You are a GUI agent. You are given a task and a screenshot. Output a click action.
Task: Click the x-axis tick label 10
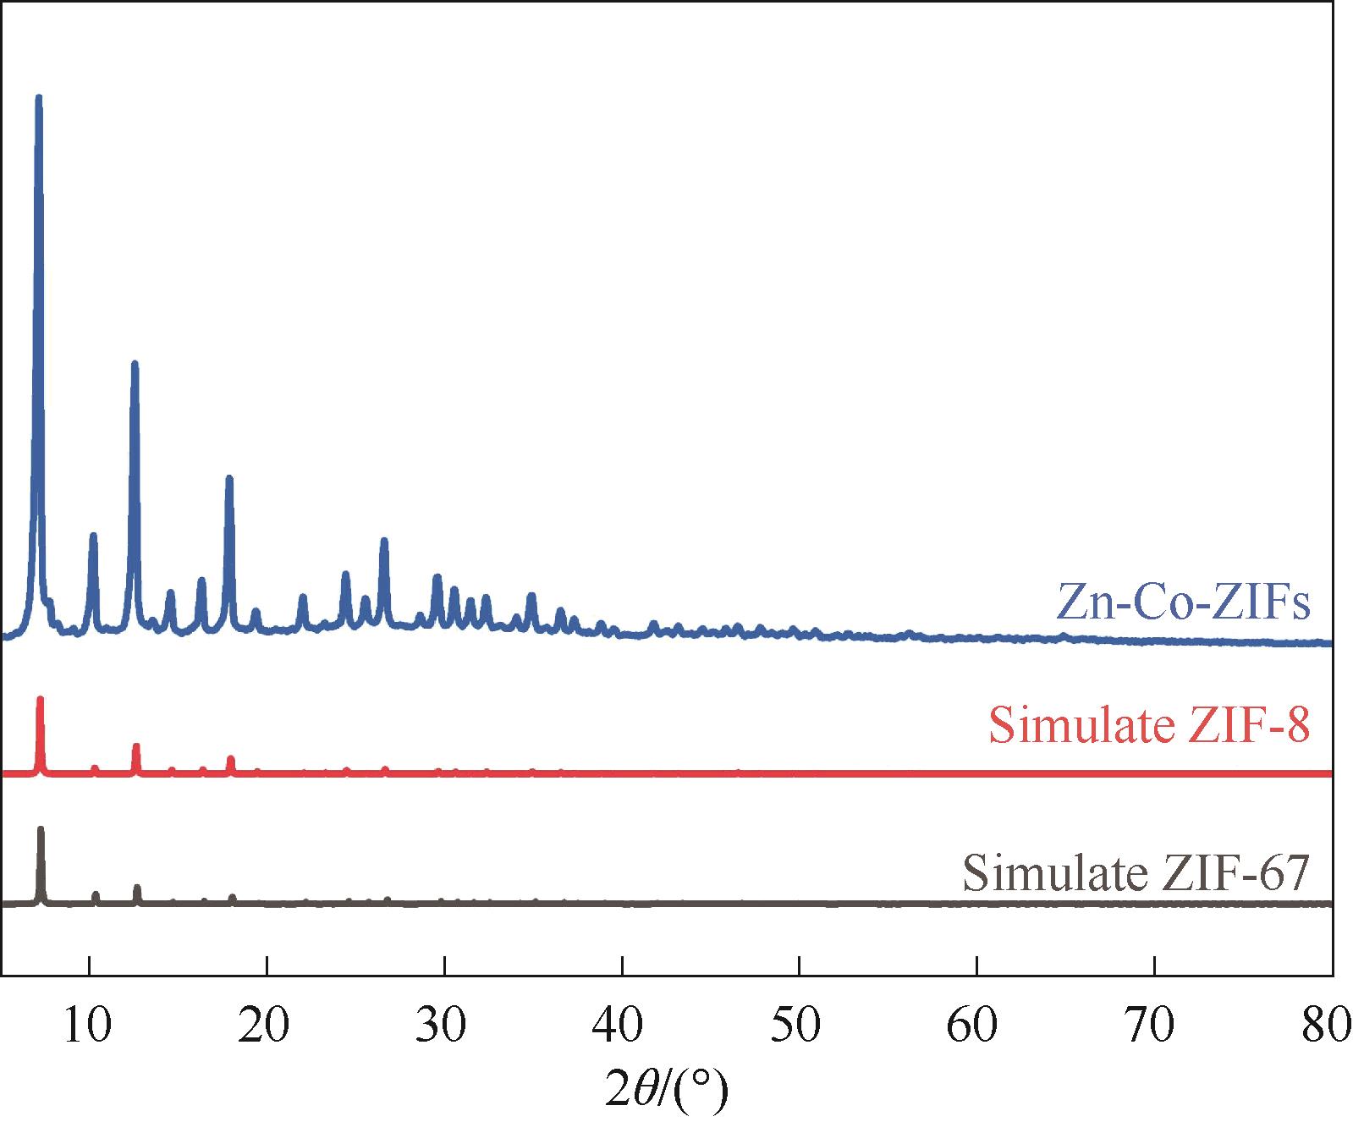point(89,1026)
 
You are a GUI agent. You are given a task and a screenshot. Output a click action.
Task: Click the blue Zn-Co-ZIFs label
point(1183,602)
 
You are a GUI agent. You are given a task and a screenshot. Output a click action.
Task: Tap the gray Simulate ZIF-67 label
point(1136,872)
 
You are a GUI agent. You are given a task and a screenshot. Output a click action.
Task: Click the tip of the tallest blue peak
point(38,97)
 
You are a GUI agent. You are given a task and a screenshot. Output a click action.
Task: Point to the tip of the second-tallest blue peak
point(134,363)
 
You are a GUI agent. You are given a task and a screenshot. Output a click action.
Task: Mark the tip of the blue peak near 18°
point(228,478)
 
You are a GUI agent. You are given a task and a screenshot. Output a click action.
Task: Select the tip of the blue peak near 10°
point(93,535)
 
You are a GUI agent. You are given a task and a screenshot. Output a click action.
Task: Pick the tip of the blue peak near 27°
point(384,540)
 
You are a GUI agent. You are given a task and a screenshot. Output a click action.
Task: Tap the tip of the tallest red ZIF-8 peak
point(40,699)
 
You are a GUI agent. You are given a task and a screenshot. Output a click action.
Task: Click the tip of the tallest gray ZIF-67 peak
point(41,828)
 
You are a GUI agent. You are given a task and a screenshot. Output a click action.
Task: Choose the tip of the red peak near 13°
point(135,745)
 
